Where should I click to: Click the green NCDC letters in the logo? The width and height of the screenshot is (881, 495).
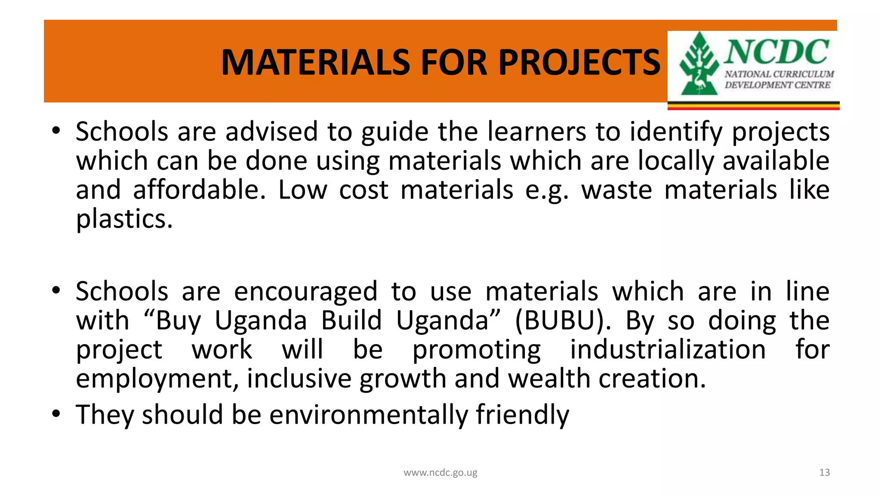tap(777, 52)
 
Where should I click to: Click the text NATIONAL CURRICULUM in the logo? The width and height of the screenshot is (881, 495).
tap(779, 74)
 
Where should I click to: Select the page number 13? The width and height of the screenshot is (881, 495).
tap(824, 473)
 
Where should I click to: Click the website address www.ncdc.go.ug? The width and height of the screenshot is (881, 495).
tap(440, 473)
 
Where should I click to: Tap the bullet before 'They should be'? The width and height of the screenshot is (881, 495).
tap(56, 414)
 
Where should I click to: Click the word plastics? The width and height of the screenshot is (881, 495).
tap(124, 219)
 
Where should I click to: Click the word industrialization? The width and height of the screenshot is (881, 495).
tap(668, 349)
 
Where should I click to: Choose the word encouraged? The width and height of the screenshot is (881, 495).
tap(305, 291)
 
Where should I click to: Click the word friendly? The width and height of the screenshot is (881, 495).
tap(522, 415)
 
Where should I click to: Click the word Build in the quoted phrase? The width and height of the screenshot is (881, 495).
tap(351, 321)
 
